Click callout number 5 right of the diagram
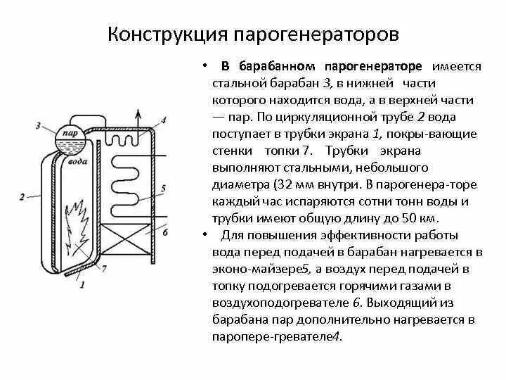click(162, 189)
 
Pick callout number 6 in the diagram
click(165, 230)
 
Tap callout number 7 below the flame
click(104, 268)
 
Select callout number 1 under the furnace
click(82, 284)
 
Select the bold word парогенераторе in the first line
click(373, 66)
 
